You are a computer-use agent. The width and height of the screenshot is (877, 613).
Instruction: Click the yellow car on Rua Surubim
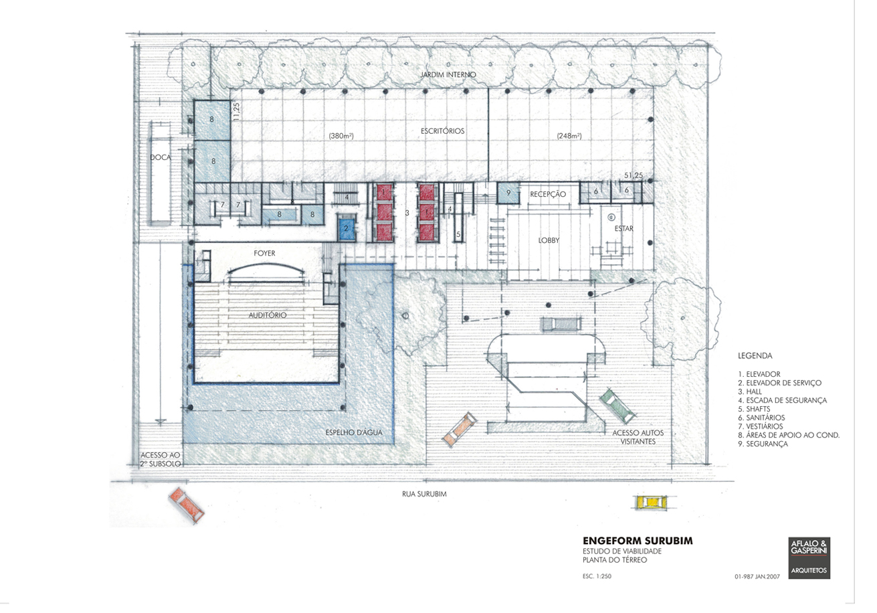650,502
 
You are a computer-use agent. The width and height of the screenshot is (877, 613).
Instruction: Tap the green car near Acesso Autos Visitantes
617,406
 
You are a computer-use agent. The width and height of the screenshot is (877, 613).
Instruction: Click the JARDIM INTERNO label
448,74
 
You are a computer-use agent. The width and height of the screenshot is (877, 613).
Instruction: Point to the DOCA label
161,157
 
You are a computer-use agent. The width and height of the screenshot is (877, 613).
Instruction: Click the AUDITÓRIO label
268,315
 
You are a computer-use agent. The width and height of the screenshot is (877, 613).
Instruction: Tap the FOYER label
265,253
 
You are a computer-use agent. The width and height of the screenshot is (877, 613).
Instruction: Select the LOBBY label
549,240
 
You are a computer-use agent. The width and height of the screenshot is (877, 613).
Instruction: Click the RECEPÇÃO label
548,194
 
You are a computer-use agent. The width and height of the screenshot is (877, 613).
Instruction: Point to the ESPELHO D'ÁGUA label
354,432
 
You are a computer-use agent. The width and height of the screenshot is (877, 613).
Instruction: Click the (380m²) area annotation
341,136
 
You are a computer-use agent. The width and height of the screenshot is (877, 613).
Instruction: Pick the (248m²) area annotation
569,136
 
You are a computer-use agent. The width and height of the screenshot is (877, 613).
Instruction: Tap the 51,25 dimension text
634,175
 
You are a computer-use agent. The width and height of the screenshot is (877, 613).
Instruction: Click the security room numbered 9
508,193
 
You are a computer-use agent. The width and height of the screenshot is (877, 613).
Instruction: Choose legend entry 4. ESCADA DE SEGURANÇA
782,400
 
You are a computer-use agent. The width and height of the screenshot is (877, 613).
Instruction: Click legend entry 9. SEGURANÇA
763,444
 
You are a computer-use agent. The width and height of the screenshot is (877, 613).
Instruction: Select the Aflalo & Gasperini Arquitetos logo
809,557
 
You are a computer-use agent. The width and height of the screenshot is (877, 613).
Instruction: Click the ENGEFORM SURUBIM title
638,541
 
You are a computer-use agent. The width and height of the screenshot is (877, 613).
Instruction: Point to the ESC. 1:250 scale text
597,576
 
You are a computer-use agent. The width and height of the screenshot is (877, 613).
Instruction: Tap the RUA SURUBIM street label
424,494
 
